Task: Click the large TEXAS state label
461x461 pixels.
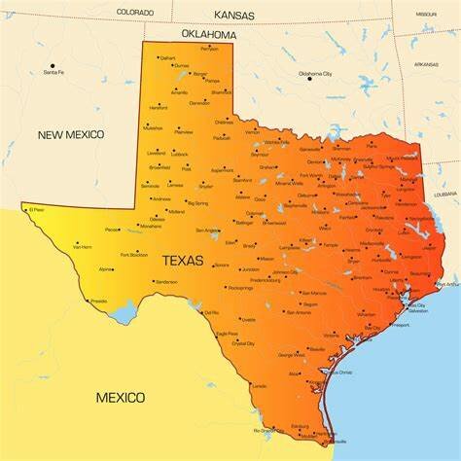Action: (183, 261)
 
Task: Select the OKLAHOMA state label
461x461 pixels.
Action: (208, 34)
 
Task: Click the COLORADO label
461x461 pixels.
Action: (135, 12)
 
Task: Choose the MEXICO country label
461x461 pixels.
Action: (121, 397)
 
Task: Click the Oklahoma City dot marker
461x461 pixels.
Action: (310, 78)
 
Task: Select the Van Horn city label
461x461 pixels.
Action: (83, 247)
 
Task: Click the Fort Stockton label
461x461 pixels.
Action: (134, 255)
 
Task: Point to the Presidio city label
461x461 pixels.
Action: (98, 301)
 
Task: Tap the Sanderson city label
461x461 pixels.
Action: (166, 282)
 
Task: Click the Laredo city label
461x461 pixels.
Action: (259, 386)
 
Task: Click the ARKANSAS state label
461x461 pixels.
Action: (425, 64)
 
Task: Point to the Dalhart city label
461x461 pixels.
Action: (167, 58)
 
